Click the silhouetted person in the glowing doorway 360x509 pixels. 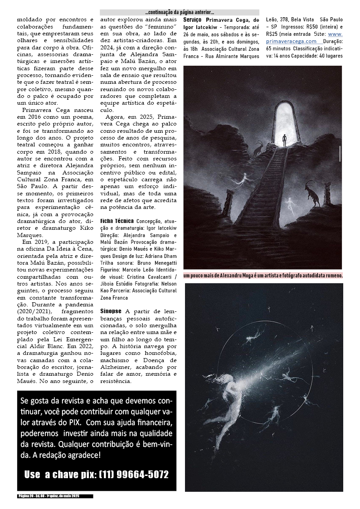pyautogui.click(x=284, y=139)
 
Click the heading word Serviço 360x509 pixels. pyautogui.click(x=193, y=20)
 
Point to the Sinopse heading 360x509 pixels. pyautogui.click(x=111, y=311)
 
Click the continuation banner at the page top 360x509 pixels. pyautogui.click(x=180, y=13)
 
